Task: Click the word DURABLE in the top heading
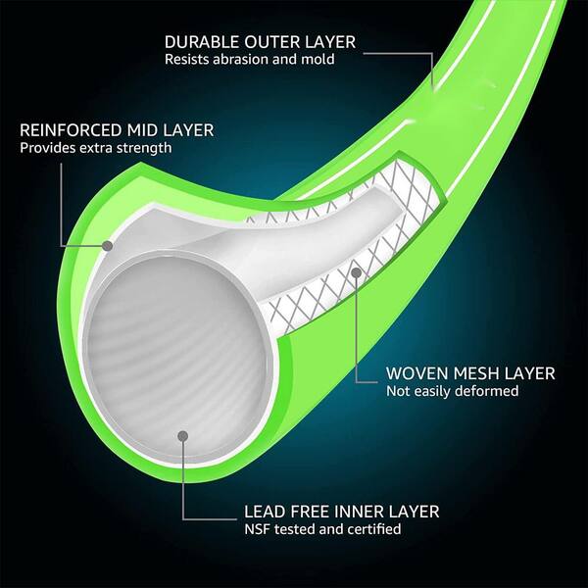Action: click(202, 42)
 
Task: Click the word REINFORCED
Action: click(71, 130)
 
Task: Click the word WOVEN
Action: click(416, 373)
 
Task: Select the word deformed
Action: click(487, 391)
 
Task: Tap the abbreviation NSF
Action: click(258, 529)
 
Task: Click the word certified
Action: click(374, 529)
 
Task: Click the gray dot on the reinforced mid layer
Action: click(108, 246)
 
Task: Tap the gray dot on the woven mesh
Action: click(357, 272)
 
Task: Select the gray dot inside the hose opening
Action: click(183, 436)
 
